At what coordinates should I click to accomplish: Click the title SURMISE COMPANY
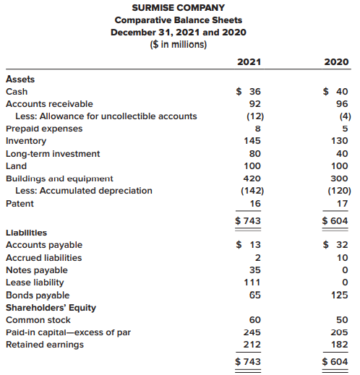point(179,8)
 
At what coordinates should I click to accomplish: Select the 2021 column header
point(249,62)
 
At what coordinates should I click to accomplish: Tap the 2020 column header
point(336,62)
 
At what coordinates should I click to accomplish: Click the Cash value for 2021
point(249,92)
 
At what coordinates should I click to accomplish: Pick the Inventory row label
point(26,141)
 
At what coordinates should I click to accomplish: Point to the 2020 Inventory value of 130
point(339,141)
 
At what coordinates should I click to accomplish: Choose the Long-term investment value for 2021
point(255,154)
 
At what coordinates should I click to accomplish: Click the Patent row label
point(20,204)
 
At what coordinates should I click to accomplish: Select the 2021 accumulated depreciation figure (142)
point(252,191)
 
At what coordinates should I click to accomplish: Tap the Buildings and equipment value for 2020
point(339,178)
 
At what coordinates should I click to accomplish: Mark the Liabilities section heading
point(27,233)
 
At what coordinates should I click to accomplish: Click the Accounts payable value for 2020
point(335,245)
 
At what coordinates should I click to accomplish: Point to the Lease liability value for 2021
point(252,282)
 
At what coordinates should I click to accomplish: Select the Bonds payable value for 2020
point(340,295)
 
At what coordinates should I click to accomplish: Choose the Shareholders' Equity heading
point(51,308)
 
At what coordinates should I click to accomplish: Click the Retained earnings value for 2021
point(252,345)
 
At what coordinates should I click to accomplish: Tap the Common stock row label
point(38,320)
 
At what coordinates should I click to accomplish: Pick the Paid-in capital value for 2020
point(339,332)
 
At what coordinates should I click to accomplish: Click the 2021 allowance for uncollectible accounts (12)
point(255,116)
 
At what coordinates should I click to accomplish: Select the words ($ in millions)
point(179,45)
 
